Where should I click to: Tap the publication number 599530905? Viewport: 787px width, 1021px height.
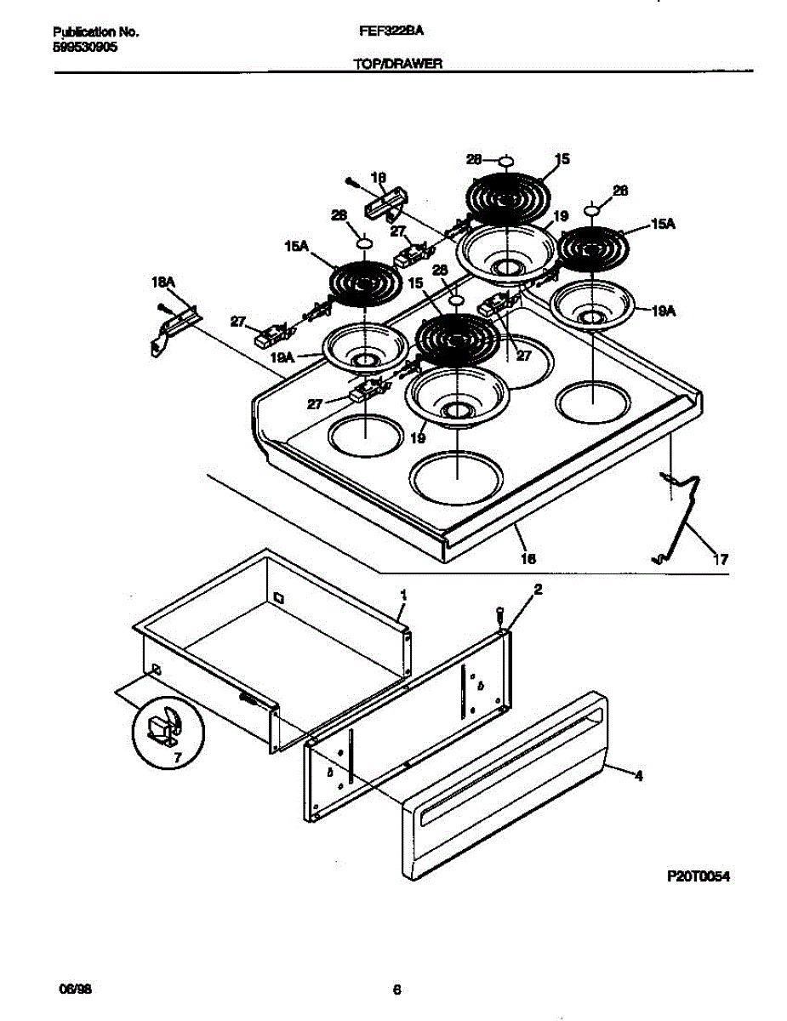point(85,48)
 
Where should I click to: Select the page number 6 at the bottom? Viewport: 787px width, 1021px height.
point(396,990)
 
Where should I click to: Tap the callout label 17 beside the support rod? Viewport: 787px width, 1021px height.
point(720,559)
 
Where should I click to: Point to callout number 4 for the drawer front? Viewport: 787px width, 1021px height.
point(638,774)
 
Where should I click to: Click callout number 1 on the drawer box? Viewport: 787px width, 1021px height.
point(403,595)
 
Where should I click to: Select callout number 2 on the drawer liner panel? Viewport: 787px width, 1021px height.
point(537,589)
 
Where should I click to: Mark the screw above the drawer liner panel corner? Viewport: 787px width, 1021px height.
point(501,613)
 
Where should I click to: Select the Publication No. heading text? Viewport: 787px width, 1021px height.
point(94,32)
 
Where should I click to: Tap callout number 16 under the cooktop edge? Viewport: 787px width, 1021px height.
point(528,559)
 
